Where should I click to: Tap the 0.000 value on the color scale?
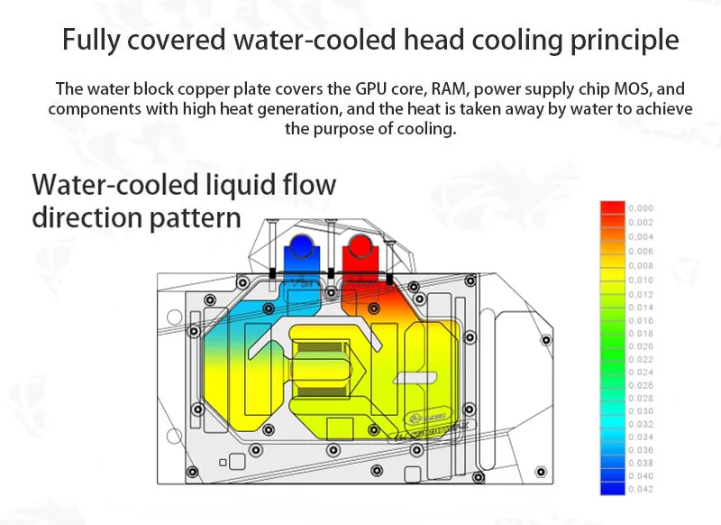(x=641, y=208)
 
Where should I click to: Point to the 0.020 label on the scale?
(x=641, y=346)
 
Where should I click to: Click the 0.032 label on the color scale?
(x=641, y=423)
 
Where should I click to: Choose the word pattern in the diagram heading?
(x=195, y=218)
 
